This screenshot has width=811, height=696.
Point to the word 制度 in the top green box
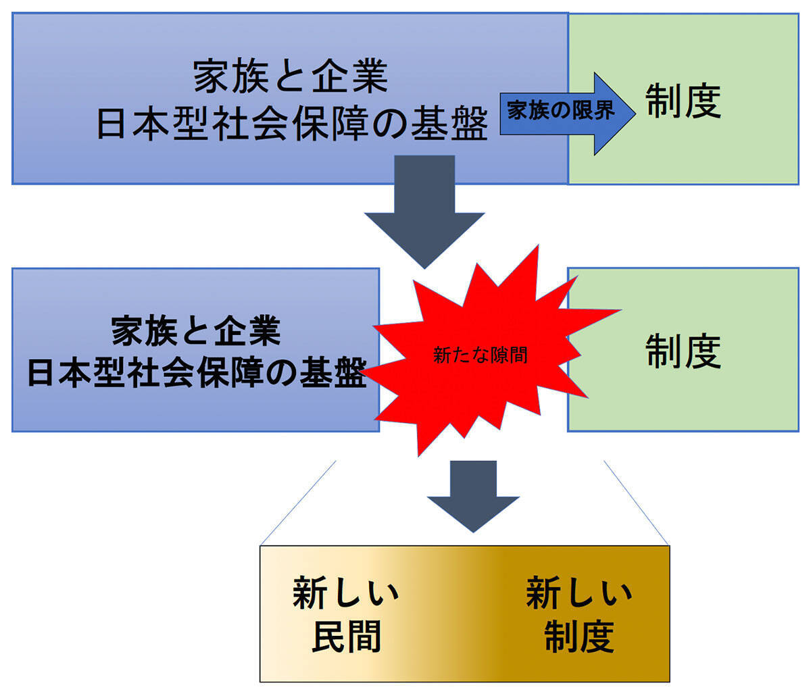683,101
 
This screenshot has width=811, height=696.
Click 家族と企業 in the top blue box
291,76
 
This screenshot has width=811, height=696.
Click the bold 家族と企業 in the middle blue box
196,332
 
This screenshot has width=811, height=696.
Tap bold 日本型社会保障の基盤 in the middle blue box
196,373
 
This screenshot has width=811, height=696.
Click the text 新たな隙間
480,355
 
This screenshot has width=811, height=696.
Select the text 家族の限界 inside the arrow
561,111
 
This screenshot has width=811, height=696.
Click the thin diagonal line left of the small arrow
297,503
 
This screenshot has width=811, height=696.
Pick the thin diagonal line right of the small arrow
636,503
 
